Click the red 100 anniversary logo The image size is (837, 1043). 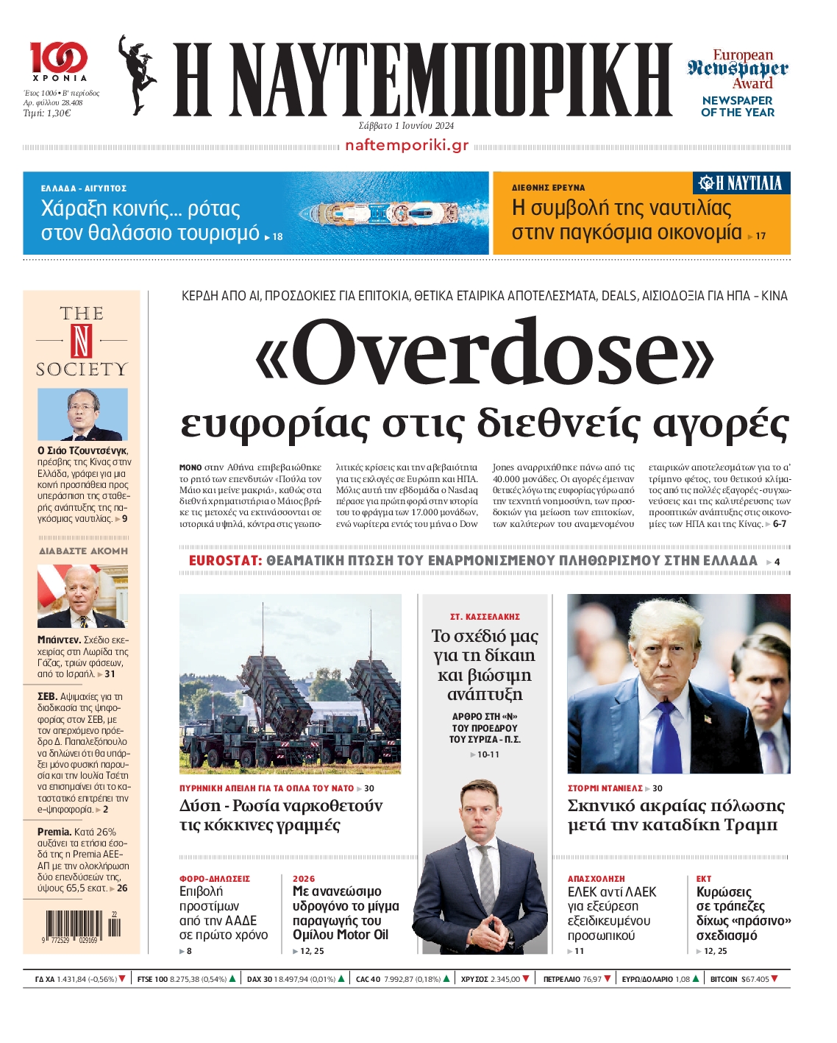click(x=59, y=57)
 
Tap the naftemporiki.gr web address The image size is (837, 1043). click(x=407, y=145)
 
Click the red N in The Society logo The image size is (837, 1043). click(x=82, y=340)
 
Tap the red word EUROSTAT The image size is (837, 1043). click(x=225, y=561)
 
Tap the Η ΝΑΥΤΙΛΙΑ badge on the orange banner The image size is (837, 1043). click(x=741, y=183)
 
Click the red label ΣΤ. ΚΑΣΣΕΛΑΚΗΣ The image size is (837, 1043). click(x=485, y=617)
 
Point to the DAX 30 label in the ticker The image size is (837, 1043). click(x=260, y=979)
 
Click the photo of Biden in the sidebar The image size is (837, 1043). click(x=82, y=596)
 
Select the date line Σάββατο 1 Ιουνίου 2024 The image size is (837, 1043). click(x=406, y=126)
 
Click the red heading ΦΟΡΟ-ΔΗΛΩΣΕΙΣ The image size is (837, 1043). click(x=215, y=879)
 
